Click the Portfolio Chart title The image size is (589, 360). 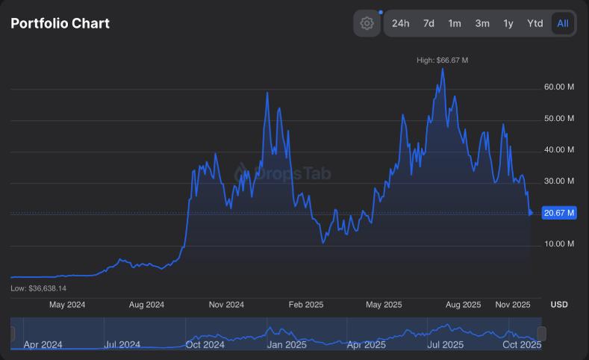coord(60,23)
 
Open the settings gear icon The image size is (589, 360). coord(367,23)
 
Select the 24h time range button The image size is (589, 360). coord(401,23)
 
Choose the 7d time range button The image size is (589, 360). coord(428,23)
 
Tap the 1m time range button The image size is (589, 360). coord(455,23)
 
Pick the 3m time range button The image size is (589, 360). coord(482,23)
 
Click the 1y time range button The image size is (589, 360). coord(508,23)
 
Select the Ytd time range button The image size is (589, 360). coord(535,23)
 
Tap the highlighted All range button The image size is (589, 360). coord(563,23)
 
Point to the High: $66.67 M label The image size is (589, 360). coord(443,60)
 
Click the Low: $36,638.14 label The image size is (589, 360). coord(39,288)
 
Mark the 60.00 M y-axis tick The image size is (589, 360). coord(559,87)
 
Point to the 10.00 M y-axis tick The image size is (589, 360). coord(559,243)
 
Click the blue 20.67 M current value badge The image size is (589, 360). coord(560,213)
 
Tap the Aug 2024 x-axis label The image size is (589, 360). coord(146,305)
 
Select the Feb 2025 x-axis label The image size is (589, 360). coord(306,305)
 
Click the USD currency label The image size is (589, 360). coord(559,305)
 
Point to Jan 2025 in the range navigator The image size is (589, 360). coord(287,344)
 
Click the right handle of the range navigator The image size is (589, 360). coord(542,334)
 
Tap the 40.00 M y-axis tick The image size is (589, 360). coord(559,149)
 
